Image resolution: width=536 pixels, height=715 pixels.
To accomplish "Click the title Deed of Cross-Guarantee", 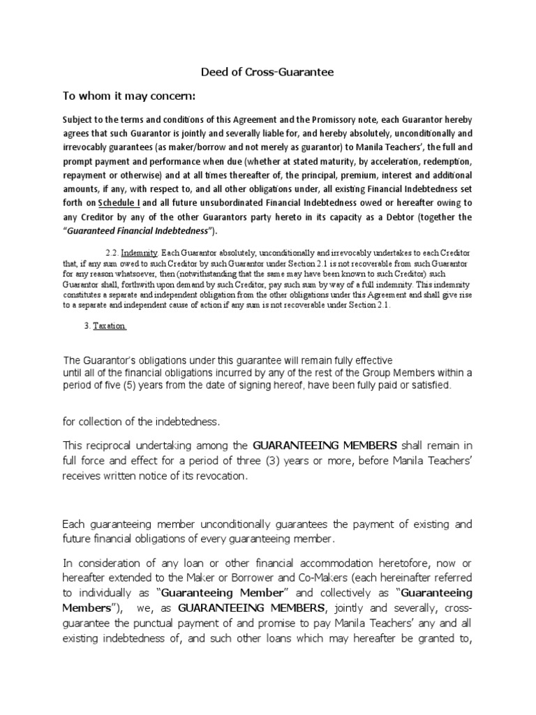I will pyautogui.click(x=267, y=71).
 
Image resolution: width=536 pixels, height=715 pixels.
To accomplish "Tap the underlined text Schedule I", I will pyautogui.click(x=119, y=202).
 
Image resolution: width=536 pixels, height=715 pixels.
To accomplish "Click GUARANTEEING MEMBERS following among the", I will pyautogui.click(x=325, y=445).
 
